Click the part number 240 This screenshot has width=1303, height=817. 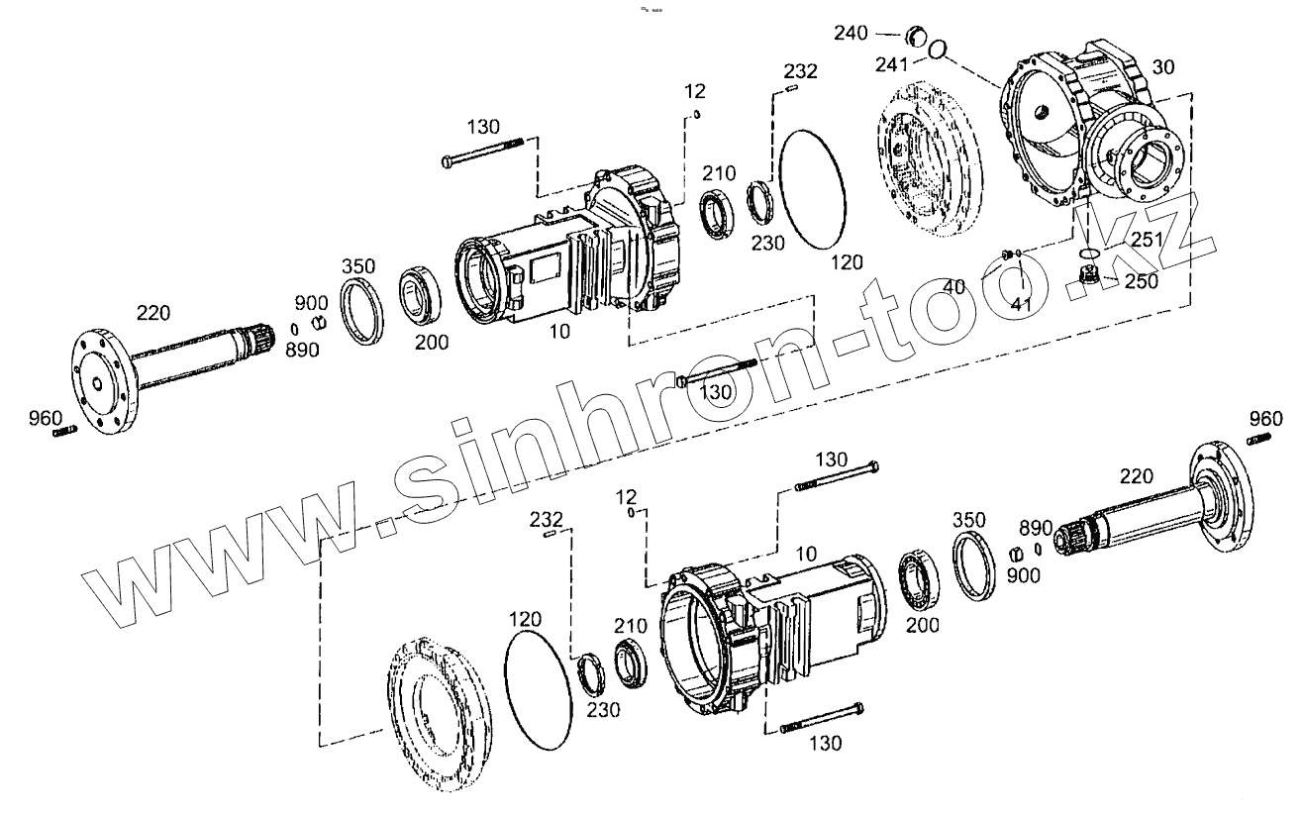click(x=851, y=33)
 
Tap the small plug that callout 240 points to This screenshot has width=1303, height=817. click(x=916, y=38)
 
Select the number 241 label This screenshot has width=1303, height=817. click(x=892, y=64)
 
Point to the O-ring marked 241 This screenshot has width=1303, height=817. click(x=937, y=50)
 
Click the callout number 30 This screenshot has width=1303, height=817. click(x=1162, y=67)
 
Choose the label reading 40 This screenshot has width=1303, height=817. click(x=953, y=286)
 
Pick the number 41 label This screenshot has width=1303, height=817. click(x=1021, y=304)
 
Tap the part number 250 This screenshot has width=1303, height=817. click(x=1142, y=281)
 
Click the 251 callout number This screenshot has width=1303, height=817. click(x=1148, y=240)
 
